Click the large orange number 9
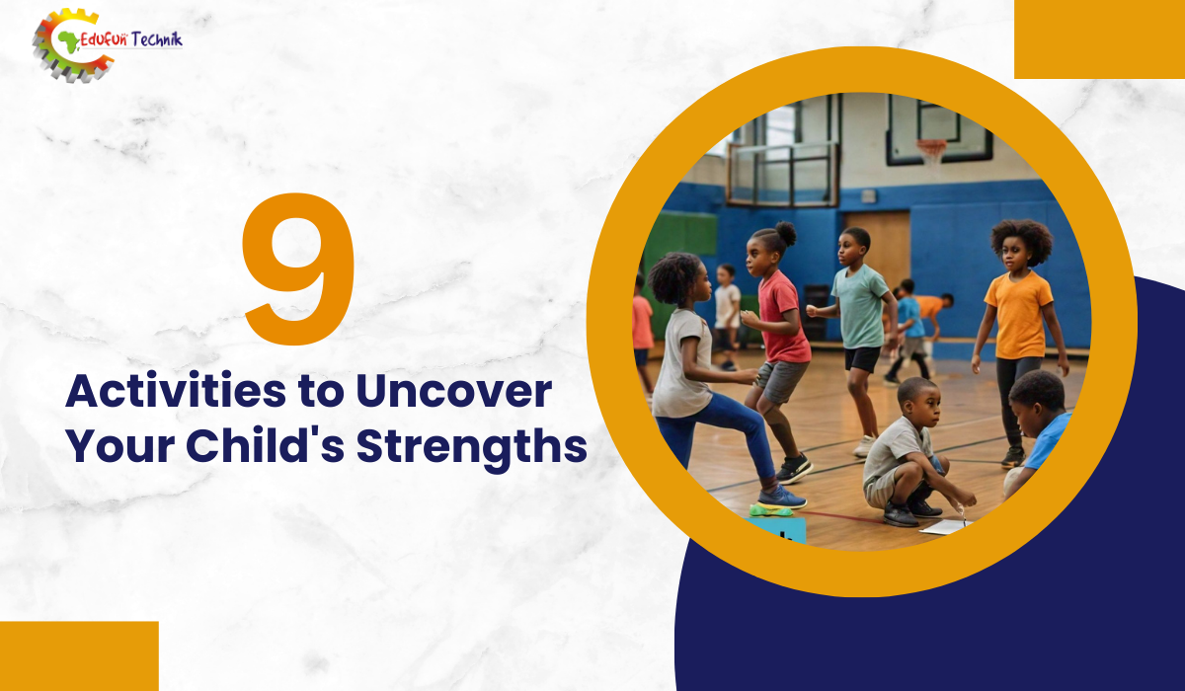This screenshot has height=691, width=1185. click(x=299, y=269)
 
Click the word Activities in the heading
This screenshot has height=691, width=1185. click(x=176, y=391)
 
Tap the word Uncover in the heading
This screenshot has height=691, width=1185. click(x=454, y=391)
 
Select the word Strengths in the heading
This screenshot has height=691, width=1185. click(x=472, y=447)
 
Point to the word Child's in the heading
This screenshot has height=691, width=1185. click(x=265, y=445)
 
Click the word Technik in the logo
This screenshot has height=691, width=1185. click(x=157, y=39)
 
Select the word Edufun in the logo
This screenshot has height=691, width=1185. click(x=104, y=39)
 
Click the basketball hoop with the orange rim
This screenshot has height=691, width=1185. click(x=931, y=151)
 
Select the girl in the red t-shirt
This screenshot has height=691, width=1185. click(x=778, y=348)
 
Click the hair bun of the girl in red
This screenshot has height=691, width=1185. click(x=786, y=233)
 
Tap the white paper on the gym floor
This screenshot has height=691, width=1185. click(x=946, y=526)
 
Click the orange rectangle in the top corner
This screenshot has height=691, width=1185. click(x=1099, y=39)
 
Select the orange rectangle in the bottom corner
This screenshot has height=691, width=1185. click(x=79, y=656)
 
